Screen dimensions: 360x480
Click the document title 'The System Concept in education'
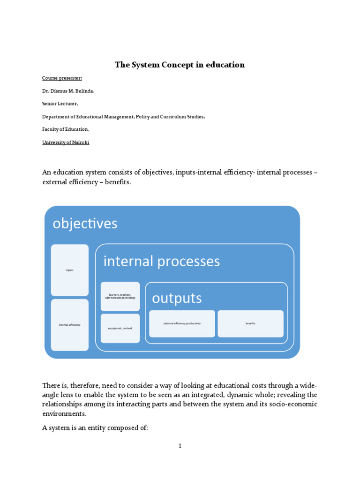(180, 65)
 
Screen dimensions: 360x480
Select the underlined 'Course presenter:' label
(62, 78)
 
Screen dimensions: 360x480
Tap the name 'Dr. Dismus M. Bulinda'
(68, 91)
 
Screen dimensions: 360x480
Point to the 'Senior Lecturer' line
(60, 104)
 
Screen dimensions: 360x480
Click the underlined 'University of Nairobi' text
(66, 142)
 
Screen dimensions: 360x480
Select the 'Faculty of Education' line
(65, 129)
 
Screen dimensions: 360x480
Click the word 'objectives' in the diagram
(85, 223)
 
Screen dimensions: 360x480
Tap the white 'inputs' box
(69, 270)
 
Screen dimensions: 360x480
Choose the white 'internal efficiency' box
(69, 325)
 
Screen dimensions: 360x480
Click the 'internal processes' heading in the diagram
(161, 261)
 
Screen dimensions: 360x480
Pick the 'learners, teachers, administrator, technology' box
(120, 296)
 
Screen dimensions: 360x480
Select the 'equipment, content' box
(120, 328)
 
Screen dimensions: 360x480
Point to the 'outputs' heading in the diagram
(177, 298)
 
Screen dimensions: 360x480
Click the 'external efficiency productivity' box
(182, 323)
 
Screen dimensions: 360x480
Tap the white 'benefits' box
(250, 323)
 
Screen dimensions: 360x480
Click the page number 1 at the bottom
(180, 446)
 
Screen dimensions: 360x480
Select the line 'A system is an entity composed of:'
(95, 427)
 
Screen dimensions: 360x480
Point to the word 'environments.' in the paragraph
(64, 414)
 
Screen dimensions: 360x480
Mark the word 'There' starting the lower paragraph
(51, 385)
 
